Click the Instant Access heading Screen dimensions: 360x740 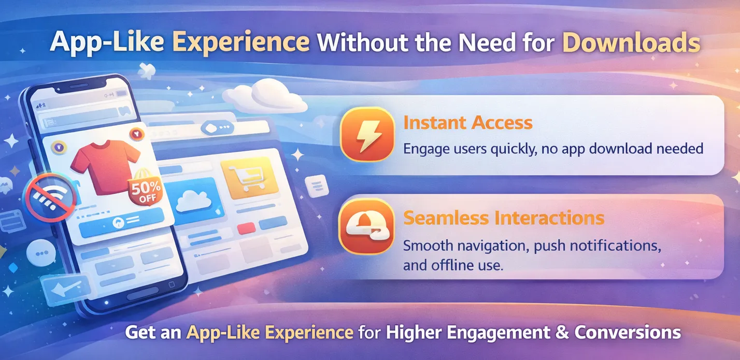point(468,123)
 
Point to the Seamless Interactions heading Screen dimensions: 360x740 point(504,218)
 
